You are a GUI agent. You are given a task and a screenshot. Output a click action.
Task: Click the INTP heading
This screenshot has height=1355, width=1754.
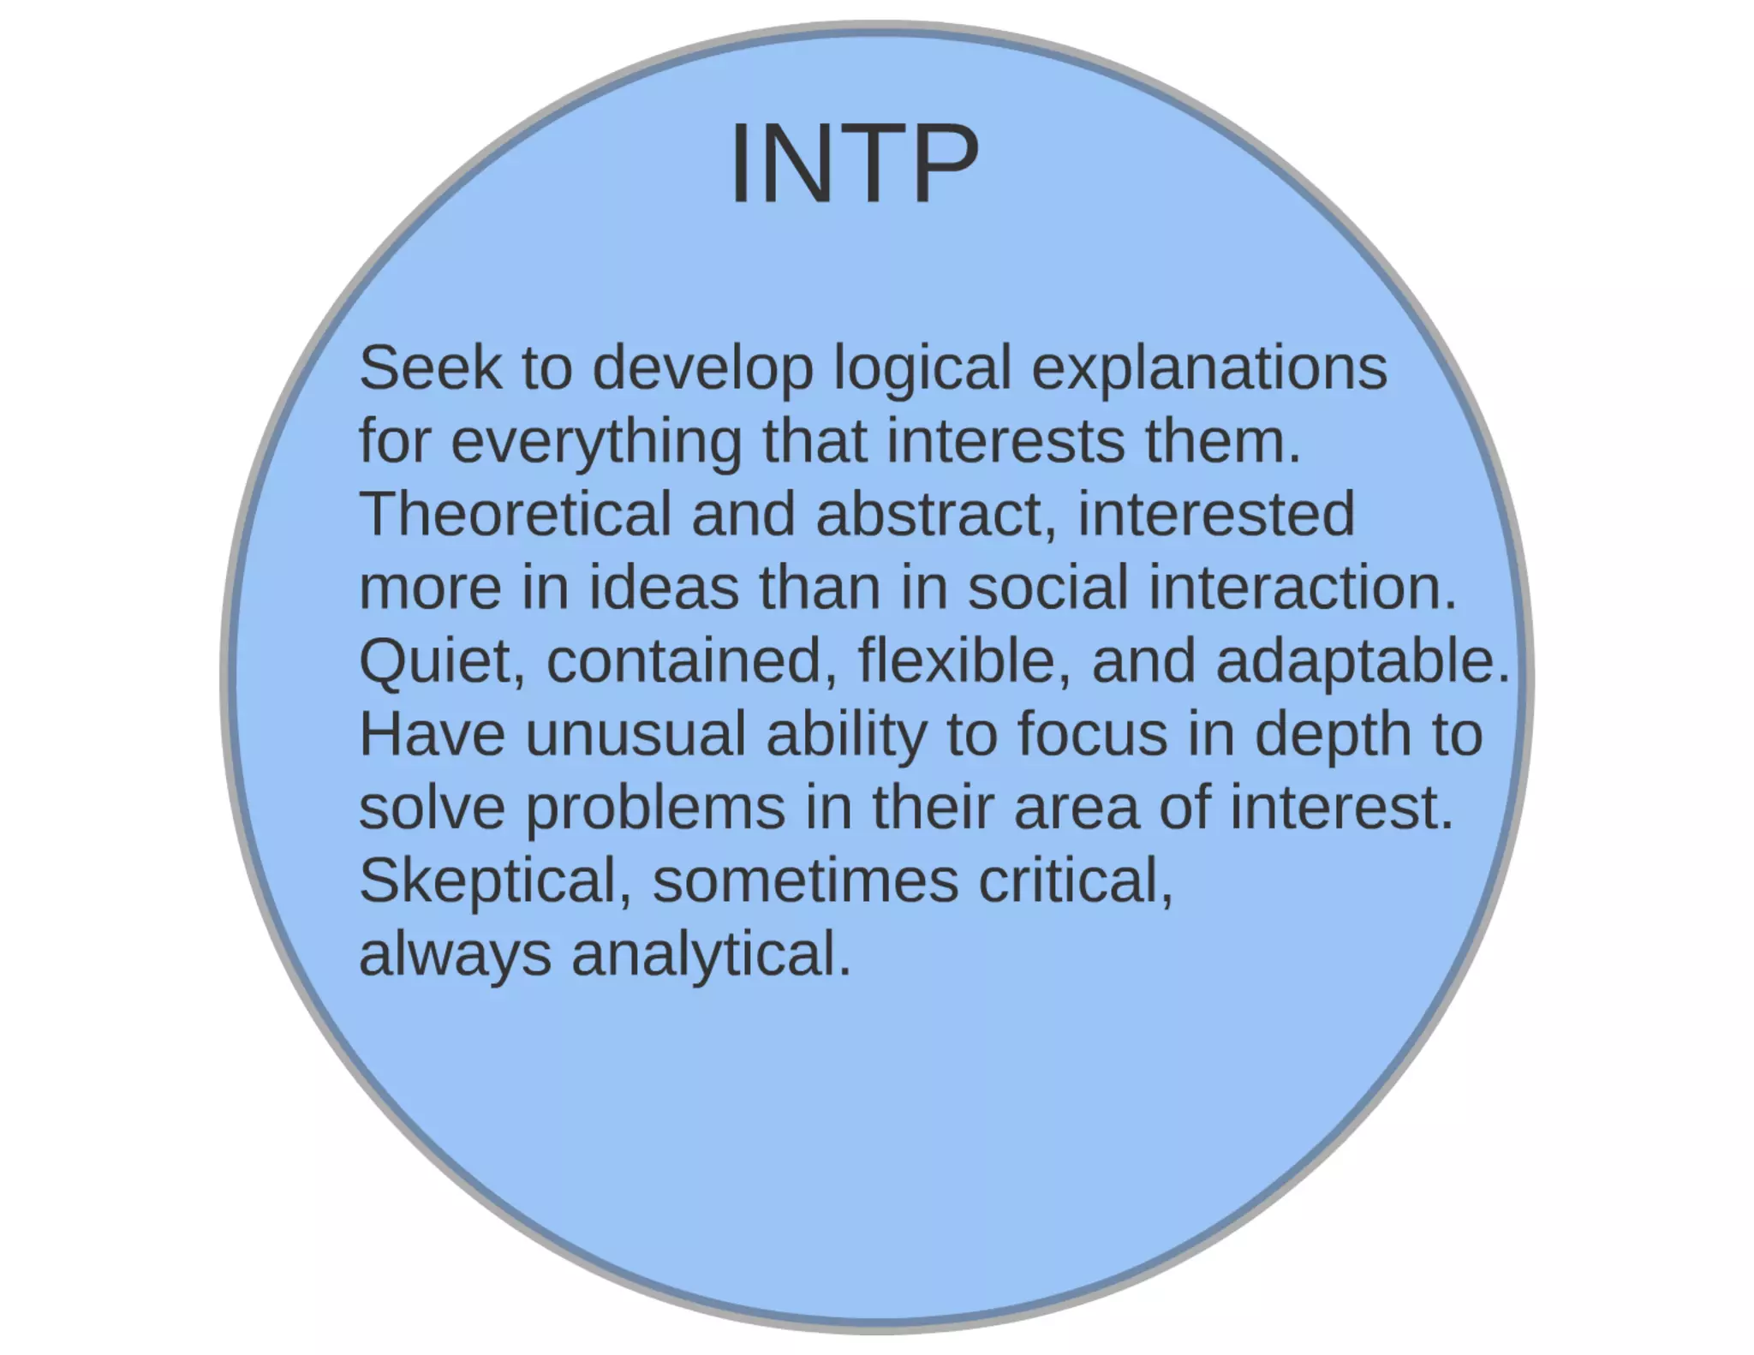[854, 164]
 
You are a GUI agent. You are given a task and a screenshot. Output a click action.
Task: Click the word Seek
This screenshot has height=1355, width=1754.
[430, 367]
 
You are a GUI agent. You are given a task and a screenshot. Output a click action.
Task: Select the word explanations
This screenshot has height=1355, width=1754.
[1208, 369]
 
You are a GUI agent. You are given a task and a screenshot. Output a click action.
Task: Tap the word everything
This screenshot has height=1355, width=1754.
[596, 442]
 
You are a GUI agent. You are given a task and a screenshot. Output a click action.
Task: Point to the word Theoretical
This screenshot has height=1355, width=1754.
[515, 514]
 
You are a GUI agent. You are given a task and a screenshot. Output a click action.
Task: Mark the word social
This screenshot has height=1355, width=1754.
[1047, 588]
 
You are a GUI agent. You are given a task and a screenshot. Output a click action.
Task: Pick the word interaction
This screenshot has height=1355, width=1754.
[1302, 588]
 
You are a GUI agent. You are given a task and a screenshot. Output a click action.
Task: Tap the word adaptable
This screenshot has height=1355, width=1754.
[1363, 662]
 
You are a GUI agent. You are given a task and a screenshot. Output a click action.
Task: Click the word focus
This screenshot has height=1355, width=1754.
[1092, 735]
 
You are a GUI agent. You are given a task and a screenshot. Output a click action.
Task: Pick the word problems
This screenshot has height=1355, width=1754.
[654, 809]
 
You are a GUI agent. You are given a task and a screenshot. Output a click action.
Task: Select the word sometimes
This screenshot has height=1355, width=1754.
[805, 881]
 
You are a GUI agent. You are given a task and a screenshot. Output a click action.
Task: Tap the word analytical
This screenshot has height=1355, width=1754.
[711, 956]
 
